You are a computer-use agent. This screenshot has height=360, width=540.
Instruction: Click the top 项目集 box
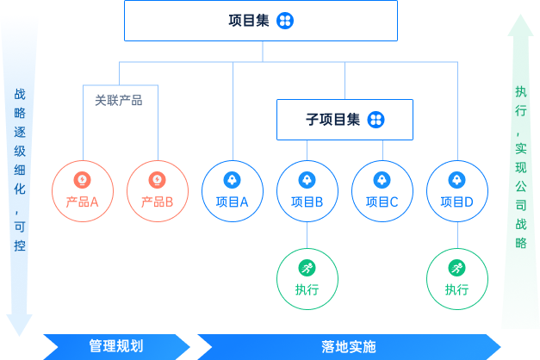pyautogui.click(x=261, y=21)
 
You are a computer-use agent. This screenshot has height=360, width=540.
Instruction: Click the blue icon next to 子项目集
pyautogui.click(x=376, y=120)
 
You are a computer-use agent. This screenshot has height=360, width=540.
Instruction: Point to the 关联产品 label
pyautogui.click(x=119, y=100)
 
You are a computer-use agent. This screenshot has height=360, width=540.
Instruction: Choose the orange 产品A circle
pyautogui.click(x=83, y=191)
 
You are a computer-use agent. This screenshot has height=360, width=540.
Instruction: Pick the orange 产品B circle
pyautogui.click(x=158, y=191)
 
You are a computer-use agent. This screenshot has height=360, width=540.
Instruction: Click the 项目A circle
pyautogui.click(x=233, y=191)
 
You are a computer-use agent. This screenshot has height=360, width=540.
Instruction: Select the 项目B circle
pyautogui.click(x=307, y=191)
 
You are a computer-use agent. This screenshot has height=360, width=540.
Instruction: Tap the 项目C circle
pyautogui.click(x=382, y=191)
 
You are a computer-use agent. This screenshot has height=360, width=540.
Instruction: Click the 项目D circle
pyautogui.click(x=457, y=191)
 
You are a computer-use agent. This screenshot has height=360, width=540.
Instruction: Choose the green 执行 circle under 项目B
pyautogui.click(x=307, y=278)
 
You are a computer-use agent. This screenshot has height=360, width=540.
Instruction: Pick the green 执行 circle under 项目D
pyautogui.click(x=457, y=278)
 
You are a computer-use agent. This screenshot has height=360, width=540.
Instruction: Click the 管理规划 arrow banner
pyautogui.click(x=116, y=346)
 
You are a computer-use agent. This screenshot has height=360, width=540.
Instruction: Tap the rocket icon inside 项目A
pyautogui.click(x=233, y=180)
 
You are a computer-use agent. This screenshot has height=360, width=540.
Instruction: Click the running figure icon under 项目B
pyautogui.click(x=307, y=267)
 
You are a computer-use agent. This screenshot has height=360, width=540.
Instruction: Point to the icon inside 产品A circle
pyautogui.click(x=83, y=180)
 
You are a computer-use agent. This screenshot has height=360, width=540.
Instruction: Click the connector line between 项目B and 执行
pyautogui.click(x=307, y=235)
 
